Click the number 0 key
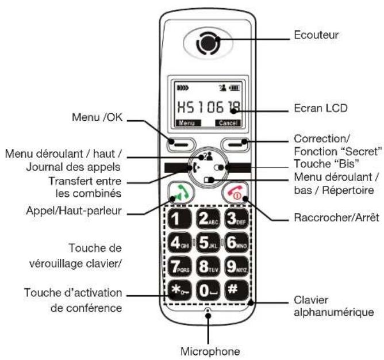point(206,289)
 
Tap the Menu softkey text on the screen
point(186,122)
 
